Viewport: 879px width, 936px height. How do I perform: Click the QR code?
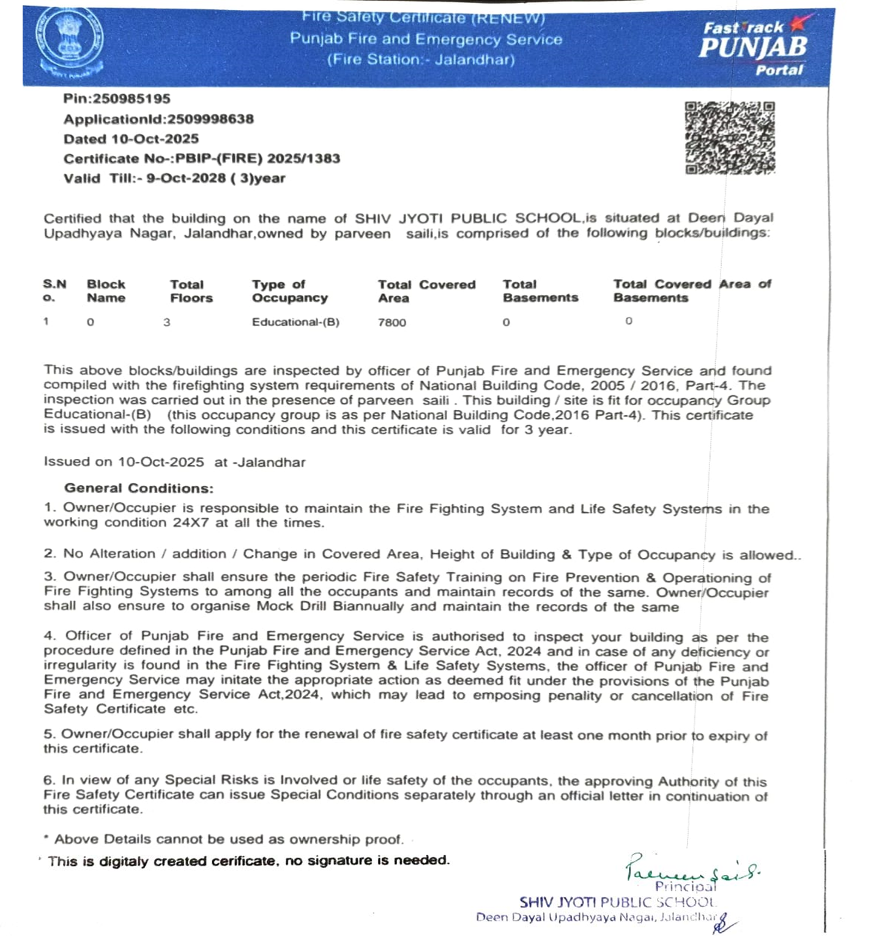click(x=730, y=138)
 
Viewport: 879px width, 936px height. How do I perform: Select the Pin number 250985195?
click(x=132, y=98)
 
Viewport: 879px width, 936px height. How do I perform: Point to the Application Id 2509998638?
click(x=210, y=119)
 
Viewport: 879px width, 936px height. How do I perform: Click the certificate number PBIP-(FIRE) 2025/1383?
click(x=258, y=158)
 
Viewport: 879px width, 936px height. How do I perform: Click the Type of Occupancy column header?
click(x=289, y=291)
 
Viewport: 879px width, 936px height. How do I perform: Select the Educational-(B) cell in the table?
click(x=295, y=322)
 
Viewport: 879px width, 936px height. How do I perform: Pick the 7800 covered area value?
click(x=391, y=322)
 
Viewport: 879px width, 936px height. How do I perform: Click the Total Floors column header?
click(x=191, y=291)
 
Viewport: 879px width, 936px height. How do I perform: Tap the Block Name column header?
click(x=106, y=291)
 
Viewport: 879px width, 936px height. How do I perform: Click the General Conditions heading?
click(x=139, y=488)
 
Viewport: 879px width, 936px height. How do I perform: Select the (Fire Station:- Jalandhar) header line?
click(x=421, y=60)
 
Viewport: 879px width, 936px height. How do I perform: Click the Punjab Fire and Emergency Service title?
click(x=426, y=40)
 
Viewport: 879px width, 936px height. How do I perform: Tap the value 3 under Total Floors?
click(x=166, y=322)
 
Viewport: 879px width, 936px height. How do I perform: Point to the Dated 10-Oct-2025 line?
click(x=131, y=139)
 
